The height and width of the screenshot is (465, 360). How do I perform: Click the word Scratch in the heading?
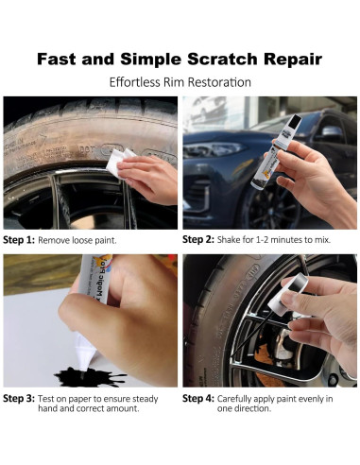pyautogui.click(x=222, y=59)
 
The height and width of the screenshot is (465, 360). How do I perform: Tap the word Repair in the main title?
pyautogui.click(x=293, y=60)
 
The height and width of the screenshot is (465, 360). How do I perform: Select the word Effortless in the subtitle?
pyautogui.click(x=134, y=82)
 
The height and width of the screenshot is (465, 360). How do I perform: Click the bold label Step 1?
pyautogui.click(x=19, y=240)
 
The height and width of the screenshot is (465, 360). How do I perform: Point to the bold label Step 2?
pyautogui.click(x=198, y=239)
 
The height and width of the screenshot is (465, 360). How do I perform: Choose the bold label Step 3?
pyautogui.click(x=19, y=399)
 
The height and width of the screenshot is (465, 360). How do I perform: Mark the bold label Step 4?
pyautogui.click(x=198, y=399)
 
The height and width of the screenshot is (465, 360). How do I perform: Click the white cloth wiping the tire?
pyautogui.click(x=119, y=162)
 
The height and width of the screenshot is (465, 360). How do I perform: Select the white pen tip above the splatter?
pyautogui.click(x=83, y=353)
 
